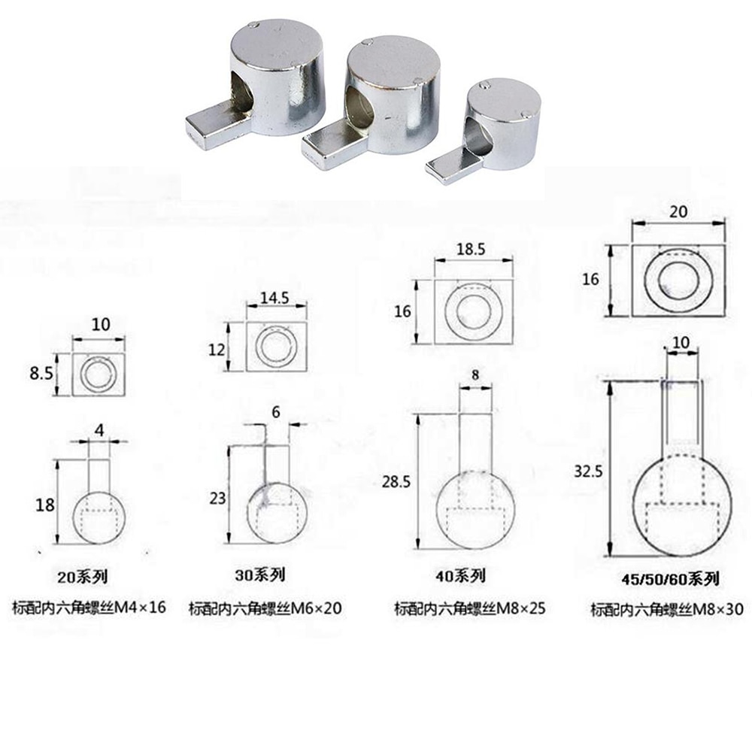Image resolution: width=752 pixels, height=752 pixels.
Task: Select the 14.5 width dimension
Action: (x=275, y=297)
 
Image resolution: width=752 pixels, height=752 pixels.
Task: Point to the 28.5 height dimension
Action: (x=396, y=482)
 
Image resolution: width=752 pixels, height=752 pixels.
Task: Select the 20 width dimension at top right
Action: (x=678, y=213)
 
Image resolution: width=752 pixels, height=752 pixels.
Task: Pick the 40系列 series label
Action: (x=460, y=576)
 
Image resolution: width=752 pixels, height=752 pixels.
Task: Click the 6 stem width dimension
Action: (x=275, y=413)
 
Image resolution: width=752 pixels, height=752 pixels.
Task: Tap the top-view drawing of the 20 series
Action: (x=99, y=374)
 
